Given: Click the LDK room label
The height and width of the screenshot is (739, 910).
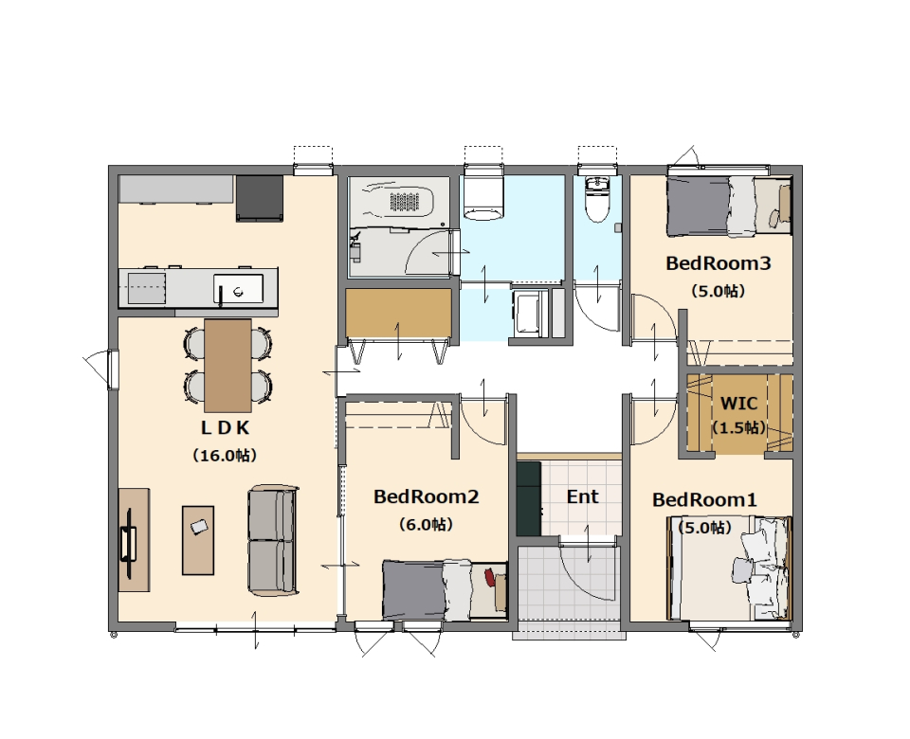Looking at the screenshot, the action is pyautogui.click(x=226, y=427).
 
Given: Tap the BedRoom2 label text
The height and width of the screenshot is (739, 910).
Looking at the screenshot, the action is pyautogui.click(x=426, y=496).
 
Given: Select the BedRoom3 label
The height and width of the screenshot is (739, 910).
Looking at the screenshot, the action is pyautogui.click(x=718, y=262).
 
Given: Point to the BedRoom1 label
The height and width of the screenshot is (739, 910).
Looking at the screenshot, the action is pyautogui.click(x=704, y=499).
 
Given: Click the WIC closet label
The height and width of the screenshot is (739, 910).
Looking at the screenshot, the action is pyautogui.click(x=738, y=403).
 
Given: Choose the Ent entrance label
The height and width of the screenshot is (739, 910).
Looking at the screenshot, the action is pyautogui.click(x=582, y=496).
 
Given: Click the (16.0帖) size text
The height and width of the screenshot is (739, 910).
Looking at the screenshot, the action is pyautogui.click(x=225, y=456).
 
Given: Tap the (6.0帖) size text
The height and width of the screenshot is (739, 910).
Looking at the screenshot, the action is pyautogui.click(x=426, y=524).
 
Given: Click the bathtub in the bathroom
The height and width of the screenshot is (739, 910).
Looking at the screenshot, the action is pyautogui.click(x=399, y=200).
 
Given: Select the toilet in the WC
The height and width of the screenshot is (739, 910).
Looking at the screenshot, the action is pyautogui.click(x=597, y=200).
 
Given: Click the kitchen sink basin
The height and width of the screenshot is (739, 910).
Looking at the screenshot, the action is pyautogui.click(x=238, y=288).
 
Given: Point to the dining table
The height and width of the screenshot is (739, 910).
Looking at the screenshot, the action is pyautogui.click(x=227, y=365).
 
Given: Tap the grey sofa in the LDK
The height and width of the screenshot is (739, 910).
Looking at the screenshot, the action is pyautogui.click(x=273, y=541).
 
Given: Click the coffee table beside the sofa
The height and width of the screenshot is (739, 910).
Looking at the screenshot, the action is pyautogui.click(x=198, y=540).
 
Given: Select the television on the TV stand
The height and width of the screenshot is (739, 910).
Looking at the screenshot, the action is pyautogui.click(x=128, y=544).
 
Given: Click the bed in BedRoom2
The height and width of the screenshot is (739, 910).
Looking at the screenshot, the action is pyautogui.click(x=445, y=590).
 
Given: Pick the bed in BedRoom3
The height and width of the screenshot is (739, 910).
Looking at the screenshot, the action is pyautogui.click(x=729, y=206).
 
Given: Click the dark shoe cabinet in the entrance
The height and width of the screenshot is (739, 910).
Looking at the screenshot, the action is pyautogui.click(x=529, y=498).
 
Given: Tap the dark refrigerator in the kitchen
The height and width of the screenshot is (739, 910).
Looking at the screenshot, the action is pyautogui.click(x=260, y=198).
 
